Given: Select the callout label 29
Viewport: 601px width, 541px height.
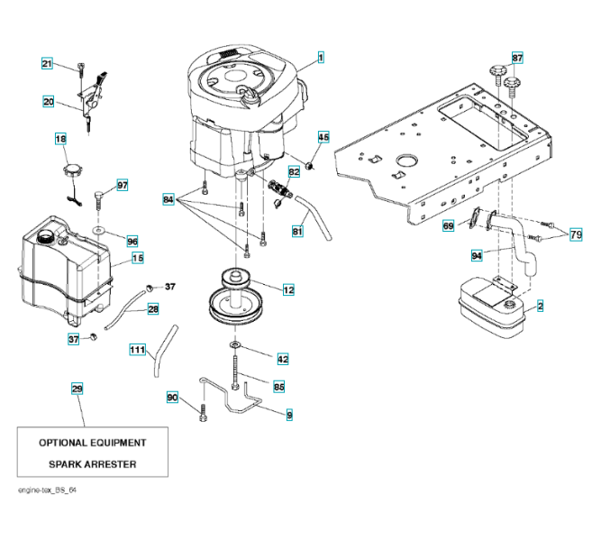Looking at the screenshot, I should [77, 389].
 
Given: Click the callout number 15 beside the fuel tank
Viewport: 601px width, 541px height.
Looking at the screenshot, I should [138, 258].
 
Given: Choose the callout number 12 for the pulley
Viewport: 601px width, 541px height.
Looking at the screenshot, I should [288, 289].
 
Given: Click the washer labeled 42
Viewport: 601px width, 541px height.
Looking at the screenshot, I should [234, 344].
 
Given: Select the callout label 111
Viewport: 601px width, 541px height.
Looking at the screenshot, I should [137, 349].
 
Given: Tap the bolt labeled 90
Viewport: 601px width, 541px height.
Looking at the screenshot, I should [203, 416].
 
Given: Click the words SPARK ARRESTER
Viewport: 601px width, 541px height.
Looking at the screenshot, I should [92, 464].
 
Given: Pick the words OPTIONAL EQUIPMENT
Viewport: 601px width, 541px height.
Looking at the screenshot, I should [92, 443].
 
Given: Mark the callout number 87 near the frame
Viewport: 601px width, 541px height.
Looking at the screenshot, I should [517, 58].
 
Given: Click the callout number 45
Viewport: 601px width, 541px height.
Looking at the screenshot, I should [323, 137].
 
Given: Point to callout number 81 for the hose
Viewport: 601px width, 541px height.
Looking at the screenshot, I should [297, 231].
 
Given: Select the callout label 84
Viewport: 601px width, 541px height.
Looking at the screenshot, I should [168, 198].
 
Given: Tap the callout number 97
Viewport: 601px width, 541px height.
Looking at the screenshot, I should [123, 185].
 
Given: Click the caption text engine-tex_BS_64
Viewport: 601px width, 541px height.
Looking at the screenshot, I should [41, 489].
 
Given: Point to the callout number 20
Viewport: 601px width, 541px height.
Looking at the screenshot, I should [49, 102].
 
